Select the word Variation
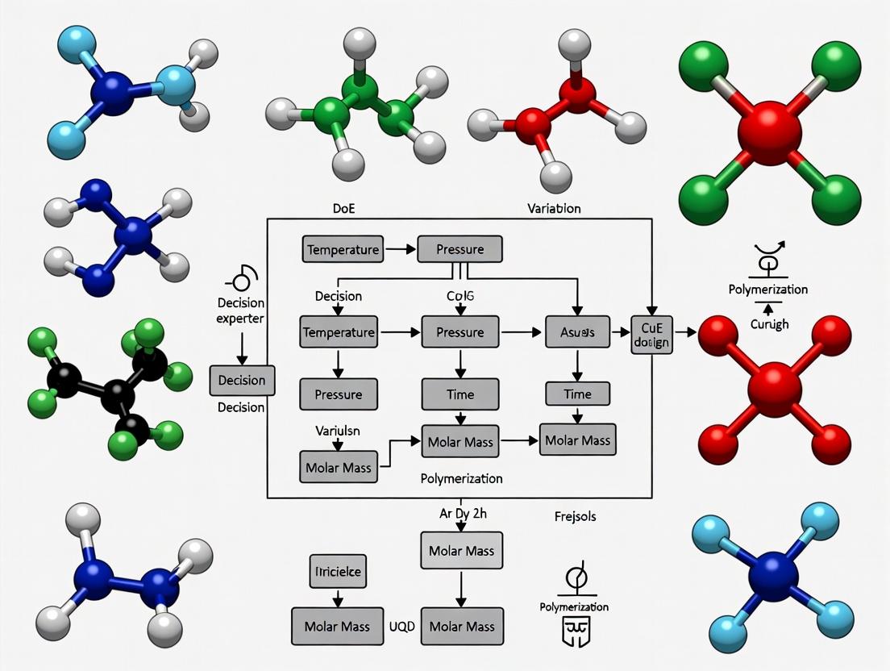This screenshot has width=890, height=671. (x=554, y=207)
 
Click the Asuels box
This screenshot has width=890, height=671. (x=577, y=331)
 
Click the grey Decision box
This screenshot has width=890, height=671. (x=242, y=380)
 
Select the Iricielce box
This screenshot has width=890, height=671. (x=338, y=572)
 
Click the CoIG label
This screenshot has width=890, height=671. (x=460, y=295)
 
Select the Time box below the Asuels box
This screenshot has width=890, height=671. (x=577, y=394)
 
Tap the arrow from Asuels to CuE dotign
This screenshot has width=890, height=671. (x=620, y=331)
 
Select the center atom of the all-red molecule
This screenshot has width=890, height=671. (x=774, y=388)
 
